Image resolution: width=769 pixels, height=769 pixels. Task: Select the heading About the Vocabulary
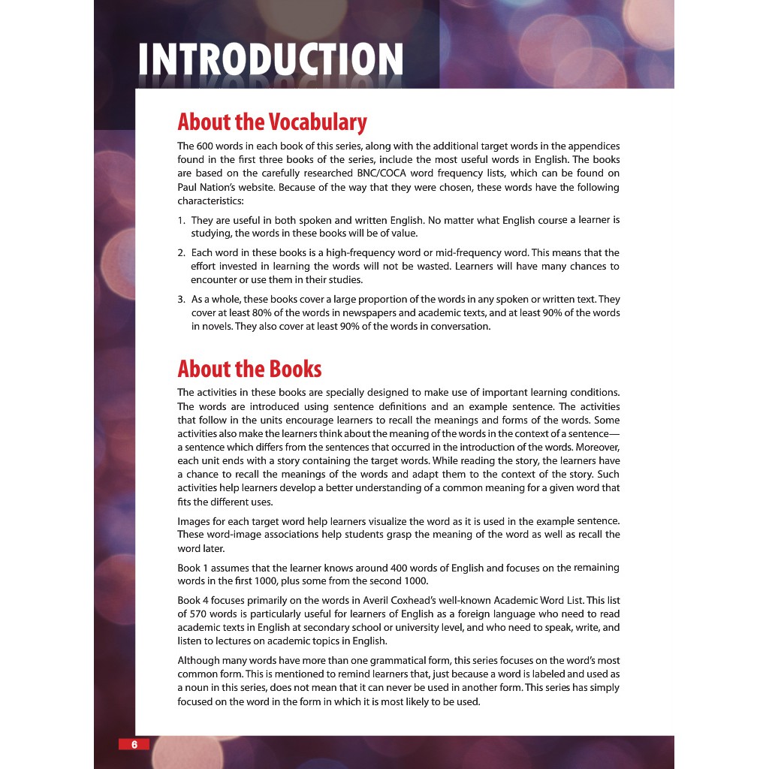pos(272,122)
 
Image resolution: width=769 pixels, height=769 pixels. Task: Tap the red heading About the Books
pos(249,369)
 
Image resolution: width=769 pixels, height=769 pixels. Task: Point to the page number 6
pos(134,744)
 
